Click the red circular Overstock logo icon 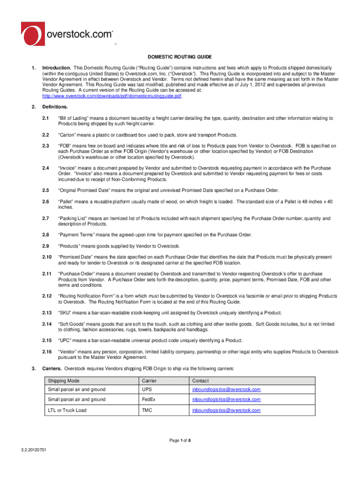tap(33, 35)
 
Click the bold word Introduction tap(57, 68)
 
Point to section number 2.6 tap(46, 202)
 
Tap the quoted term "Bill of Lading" tap(75, 118)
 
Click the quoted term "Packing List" tap(73, 218)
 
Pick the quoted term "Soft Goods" tap(72, 324)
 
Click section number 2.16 tap(47, 352)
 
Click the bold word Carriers tap(52, 369)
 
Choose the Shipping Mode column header tap(64, 381)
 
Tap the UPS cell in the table tap(146, 390)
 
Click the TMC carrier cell tap(147, 410)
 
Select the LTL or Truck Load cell tap(67, 410)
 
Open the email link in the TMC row tap(226, 410)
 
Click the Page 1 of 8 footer tap(180, 440)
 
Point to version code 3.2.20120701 tap(36, 450)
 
